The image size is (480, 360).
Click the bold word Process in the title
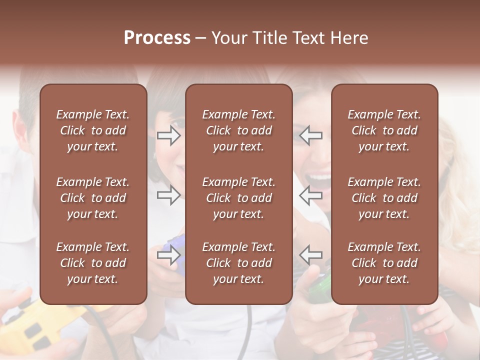(157, 38)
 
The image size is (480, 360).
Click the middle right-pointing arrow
(168, 195)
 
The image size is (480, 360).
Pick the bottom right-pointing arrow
(168, 255)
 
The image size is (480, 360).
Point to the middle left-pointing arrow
(310, 195)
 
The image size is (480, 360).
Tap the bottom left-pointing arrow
(310, 255)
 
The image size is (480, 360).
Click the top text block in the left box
(93, 130)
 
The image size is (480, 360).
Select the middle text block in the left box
(93, 198)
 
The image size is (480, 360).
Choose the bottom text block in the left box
(93, 263)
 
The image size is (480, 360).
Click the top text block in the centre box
(238, 130)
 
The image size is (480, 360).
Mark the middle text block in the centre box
(238, 198)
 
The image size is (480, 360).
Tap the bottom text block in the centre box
(238, 263)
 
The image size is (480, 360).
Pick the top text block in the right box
(384, 130)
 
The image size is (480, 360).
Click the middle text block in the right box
(384, 198)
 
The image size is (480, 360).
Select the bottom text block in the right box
(384, 263)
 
